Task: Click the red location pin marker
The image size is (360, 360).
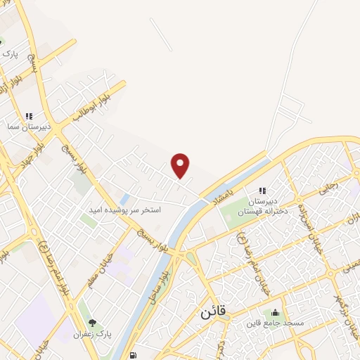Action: click(181, 165)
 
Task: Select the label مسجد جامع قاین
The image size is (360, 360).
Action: click(274, 323)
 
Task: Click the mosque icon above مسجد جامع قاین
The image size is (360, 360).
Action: click(274, 312)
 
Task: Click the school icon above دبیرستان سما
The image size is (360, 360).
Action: click(29, 116)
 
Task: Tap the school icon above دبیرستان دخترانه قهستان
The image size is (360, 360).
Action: click(262, 191)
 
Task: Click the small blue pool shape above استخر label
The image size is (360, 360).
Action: click(124, 199)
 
